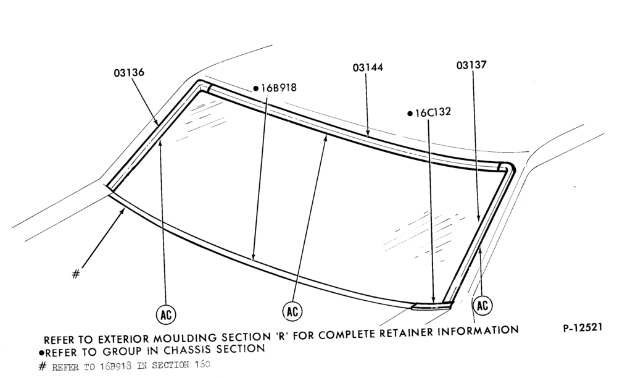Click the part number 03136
click(x=129, y=72)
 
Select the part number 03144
click(x=368, y=67)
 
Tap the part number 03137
click(x=471, y=65)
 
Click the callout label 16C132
click(x=433, y=112)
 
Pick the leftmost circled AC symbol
click(x=166, y=314)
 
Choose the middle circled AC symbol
click(x=292, y=311)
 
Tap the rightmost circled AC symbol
click(x=482, y=305)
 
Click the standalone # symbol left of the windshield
click(x=76, y=274)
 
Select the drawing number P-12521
click(x=583, y=327)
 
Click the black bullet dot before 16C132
click(x=410, y=114)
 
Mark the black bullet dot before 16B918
click(x=256, y=88)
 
